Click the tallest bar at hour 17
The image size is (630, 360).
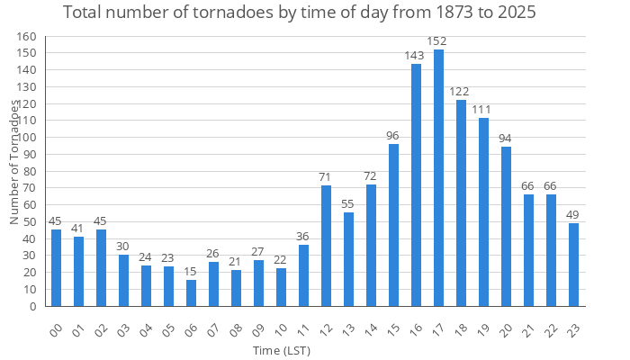pyautogui.click(x=438, y=177)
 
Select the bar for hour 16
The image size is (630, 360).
pyautogui.click(x=416, y=184)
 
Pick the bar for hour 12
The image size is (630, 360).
pyautogui.click(x=326, y=246)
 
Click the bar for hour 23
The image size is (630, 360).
pyautogui.click(x=573, y=265)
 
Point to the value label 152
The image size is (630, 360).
pyautogui.click(x=438, y=40)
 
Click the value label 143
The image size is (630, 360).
pyautogui.click(x=415, y=56)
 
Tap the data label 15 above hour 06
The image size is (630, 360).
pyautogui.click(x=191, y=272)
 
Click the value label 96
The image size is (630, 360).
pyautogui.click(x=393, y=136)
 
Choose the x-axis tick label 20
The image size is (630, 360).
pyautogui.click(x=505, y=326)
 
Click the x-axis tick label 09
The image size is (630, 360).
pyautogui.click(x=257, y=326)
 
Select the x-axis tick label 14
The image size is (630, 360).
pyautogui.click(x=370, y=326)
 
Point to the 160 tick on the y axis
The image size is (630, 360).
pyautogui.click(x=26, y=37)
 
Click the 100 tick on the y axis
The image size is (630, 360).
pyautogui.click(x=26, y=138)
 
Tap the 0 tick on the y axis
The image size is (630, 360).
pyautogui.click(x=32, y=306)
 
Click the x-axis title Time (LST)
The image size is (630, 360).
pyautogui.click(x=282, y=349)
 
